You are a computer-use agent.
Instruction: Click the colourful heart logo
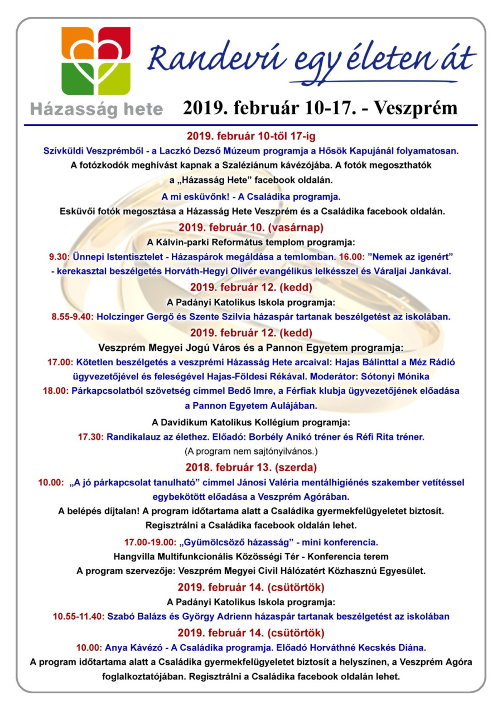coord(96,61)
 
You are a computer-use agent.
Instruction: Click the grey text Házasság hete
coord(96,109)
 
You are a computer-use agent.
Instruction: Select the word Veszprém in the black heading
coord(415,108)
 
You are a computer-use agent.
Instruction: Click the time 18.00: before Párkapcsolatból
coord(56,390)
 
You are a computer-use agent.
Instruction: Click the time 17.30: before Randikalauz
coord(90,436)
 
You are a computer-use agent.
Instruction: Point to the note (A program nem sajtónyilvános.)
coord(251,451)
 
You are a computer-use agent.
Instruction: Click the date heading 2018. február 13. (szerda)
coord(251,466)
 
